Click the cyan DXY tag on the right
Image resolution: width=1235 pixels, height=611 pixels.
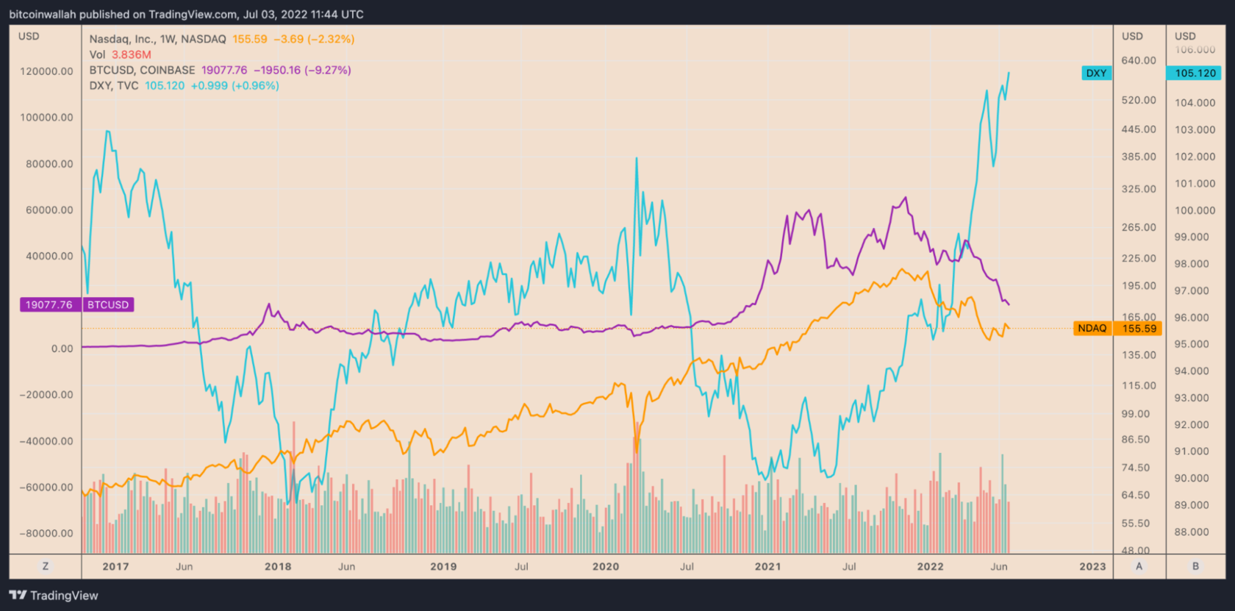click(1096, 73)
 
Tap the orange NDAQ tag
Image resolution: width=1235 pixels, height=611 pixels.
click(1092, 328)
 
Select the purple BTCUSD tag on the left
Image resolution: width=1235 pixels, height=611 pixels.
click(108, 304)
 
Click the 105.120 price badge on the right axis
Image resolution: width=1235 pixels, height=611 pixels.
click(1195, 73)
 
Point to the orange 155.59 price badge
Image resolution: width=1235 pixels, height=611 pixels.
click(1139, 328)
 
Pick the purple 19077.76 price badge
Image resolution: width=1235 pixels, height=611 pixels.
click(49, 304)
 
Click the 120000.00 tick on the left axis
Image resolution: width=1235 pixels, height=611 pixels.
click(47, 71)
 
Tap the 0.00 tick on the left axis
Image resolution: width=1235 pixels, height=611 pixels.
click(62, 349)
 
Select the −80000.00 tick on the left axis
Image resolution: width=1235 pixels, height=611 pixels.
click(46, 533)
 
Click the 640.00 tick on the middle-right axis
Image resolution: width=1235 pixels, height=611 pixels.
click(1139, 60)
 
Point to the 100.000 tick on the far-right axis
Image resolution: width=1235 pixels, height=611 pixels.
click(1195, 210)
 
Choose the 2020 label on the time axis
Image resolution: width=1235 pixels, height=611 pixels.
click(606, 566)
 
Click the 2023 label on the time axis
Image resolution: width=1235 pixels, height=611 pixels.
click(1092, 566)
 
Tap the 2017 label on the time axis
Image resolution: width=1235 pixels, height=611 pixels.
click(115, 566)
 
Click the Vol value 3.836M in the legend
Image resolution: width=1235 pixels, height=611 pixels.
click(132, 54)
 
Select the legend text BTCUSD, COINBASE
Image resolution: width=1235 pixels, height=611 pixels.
click(142, 70)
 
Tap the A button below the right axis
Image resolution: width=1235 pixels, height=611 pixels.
click(1139, 566)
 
